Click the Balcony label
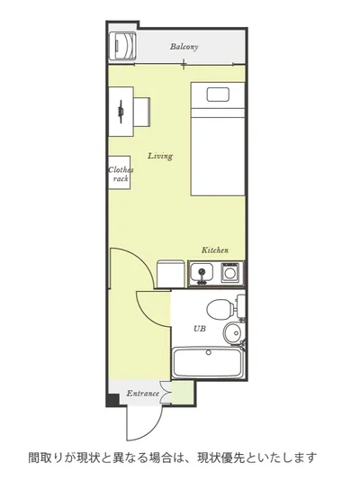pyautogui.click(x=184, y=47)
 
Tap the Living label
pyautogui.click(x=160, y=156)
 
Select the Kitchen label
pyautogui.click(x=215, y=250)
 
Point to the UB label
pyautogui.click(x=200, y=329)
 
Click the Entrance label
pyautogui.click(x=143, y=394)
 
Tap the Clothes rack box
pyautogui.click(x=120, y=172)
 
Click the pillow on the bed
pyautogui.click(x=218, y=95)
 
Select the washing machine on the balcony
pyautogui.click(x=123, y=46)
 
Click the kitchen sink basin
pyautogui.click(x=202, y=272)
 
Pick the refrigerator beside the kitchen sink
pyautogui.click(x=171, y=274)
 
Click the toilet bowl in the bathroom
pyautogui.click(x=220, y=309)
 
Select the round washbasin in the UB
pyautogui.click(x=232, y=333)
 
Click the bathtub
pyautogui.click(x=207, y=363)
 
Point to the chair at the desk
pyautogui.click(x=142, y=112)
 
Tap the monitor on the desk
pyautogui.click(x=121, y=112)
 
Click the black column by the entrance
pyautogui.click(x=112, y=400)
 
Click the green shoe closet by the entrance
pyautogui.click(x=182, y=392)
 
